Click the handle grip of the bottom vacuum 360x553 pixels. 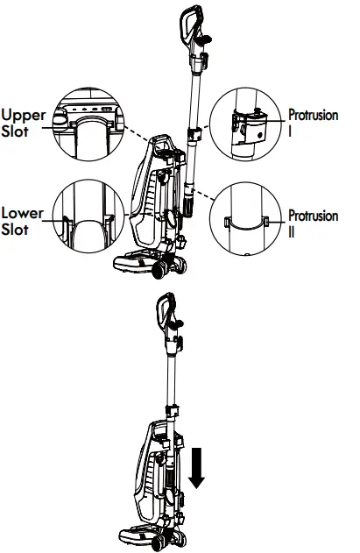click(164, 312)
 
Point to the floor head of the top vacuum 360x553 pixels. click(140, 261)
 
